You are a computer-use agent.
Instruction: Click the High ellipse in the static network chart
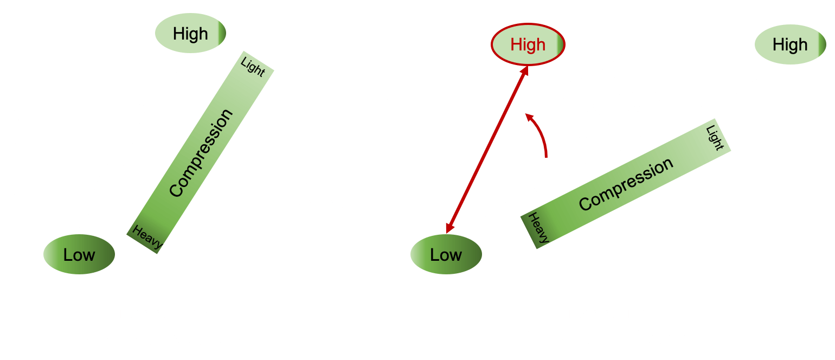tap(190, 34)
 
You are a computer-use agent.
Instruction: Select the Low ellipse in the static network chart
tap(79, 254)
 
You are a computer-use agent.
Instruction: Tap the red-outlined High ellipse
tap(528, 44)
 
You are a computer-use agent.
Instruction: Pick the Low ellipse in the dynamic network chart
tap(446, 254)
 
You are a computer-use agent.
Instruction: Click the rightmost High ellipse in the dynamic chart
tap(789, 44)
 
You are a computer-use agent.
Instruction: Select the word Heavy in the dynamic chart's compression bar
tap(539, 227)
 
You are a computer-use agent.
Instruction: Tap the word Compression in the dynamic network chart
tap(626, 184)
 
